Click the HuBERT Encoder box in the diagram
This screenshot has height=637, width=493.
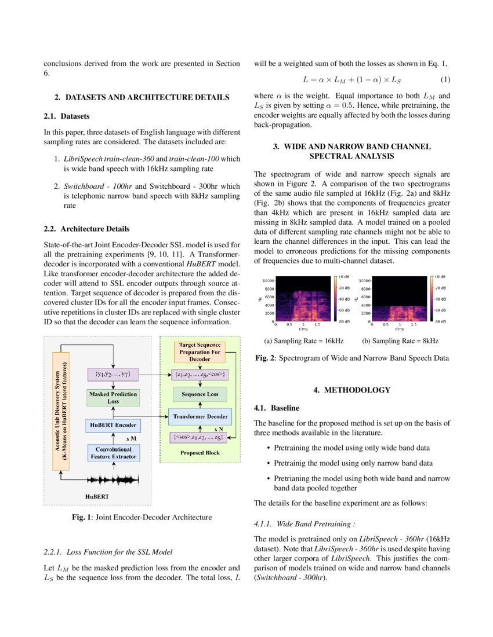(x=113, y=425)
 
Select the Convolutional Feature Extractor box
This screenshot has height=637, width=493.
(x=113, y=452)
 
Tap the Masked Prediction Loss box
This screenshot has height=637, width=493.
(x=113, y=397)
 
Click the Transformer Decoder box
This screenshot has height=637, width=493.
(x=200, y=416)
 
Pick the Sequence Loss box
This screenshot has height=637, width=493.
(x=200, y=395)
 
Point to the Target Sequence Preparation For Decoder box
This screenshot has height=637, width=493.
(x=200, y=352)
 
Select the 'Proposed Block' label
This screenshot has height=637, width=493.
(x=200, y=453)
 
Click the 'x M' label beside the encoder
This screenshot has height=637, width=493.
(x=131, y=439)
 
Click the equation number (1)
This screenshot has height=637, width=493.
(x=445, y=79)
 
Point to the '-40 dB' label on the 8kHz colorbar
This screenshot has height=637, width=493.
(x=440, y=299)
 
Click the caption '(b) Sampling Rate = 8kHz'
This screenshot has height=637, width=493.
(x=400, y=341)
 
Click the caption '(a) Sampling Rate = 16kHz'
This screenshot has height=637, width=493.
(x=303, y=341)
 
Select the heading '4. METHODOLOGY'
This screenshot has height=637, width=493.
(x=351, y=390)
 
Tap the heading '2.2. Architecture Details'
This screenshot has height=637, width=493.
(x=87, y=229)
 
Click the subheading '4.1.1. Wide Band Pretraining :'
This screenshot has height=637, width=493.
(x=304, y=524)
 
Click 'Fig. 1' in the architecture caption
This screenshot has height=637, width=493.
(x=81, y=517)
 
